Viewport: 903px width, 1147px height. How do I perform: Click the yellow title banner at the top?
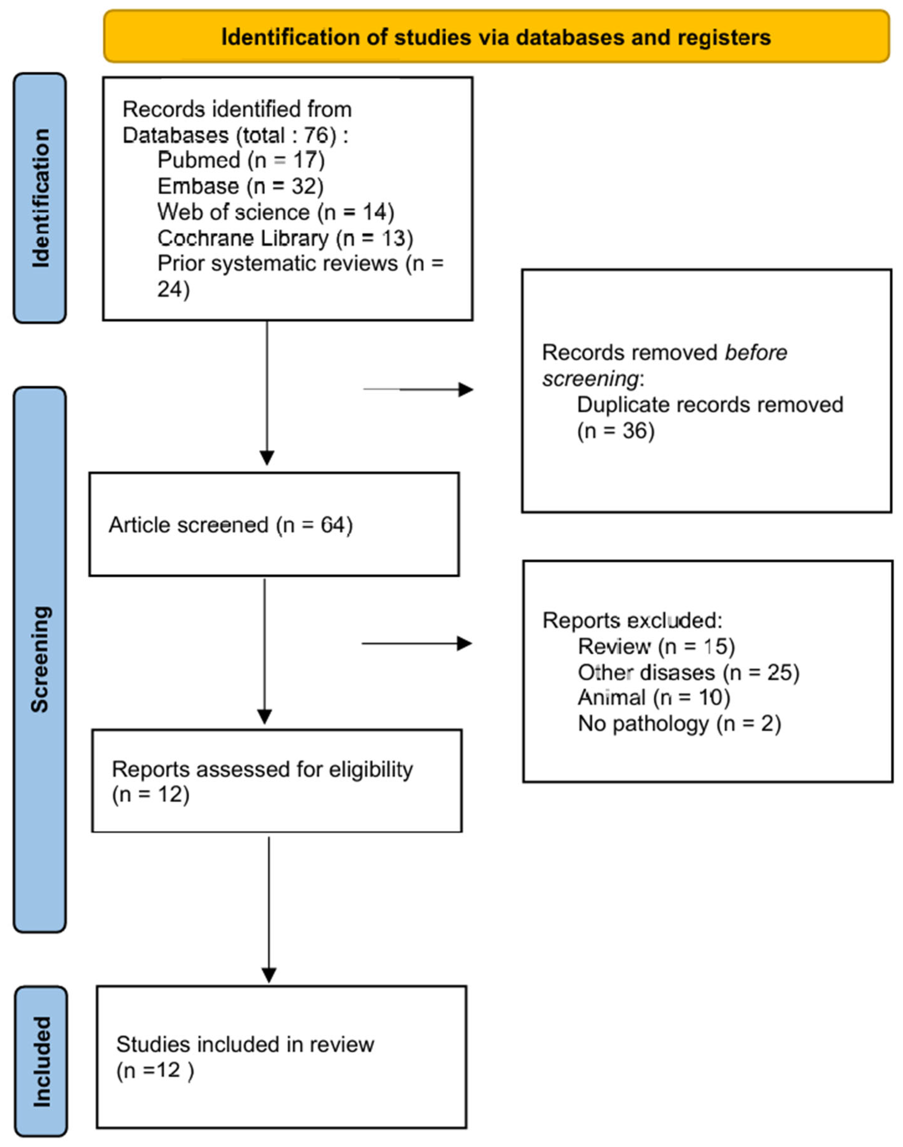tap(496, 37)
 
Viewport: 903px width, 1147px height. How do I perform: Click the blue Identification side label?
tap(40, 198)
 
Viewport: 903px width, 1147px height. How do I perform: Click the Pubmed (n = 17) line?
tap(241, 160)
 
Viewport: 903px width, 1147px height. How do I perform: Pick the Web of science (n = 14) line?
tap(275, 212)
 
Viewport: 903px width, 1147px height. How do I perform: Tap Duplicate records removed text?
tap(710, 405)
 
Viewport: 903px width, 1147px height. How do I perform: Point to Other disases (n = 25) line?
tap(688, 672)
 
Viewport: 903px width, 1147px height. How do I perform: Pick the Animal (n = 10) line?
tap(654, 697)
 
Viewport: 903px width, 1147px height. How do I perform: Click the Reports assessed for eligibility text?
tap(262, 769)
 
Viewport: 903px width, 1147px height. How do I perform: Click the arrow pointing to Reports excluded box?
tap(417, 644)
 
